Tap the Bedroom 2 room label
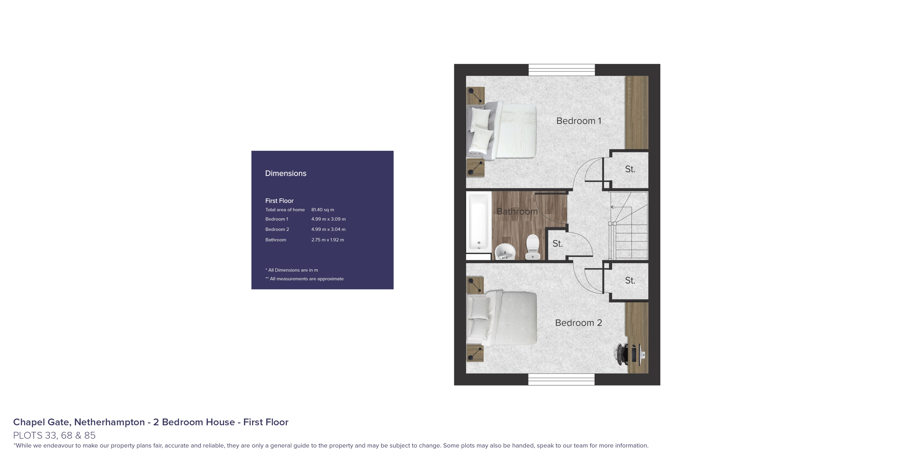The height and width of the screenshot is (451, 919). (x=578, y=323)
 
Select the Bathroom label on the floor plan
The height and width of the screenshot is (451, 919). (x=517, y=211)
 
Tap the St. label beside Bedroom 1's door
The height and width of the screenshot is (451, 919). (x=630, y=169)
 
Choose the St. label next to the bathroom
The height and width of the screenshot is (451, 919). (x=558, y=244)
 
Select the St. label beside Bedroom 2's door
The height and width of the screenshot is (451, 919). (x=630, y=281)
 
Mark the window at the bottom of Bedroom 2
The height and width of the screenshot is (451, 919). (x=561, y=379)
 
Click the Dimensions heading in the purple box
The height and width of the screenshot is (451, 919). (x=286, y=173)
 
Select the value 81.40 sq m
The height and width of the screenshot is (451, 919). (x=323, y=210)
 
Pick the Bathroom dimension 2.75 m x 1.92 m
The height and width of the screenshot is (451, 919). (x=328, y=240)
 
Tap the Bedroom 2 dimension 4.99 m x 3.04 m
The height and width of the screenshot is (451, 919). (x=328, y=229)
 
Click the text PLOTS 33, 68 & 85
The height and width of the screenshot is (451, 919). (x=54, y=435)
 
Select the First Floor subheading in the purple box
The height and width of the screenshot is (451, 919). (x=279, y=201)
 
